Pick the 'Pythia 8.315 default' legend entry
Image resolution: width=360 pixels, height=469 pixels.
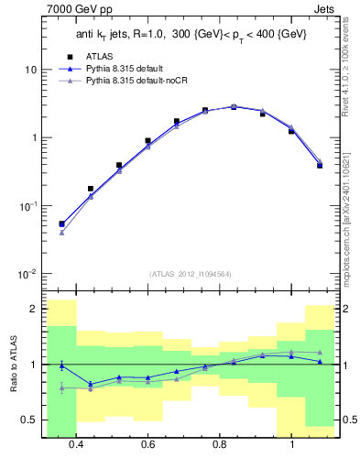128,69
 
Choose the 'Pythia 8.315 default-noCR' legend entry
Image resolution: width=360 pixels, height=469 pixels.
137,82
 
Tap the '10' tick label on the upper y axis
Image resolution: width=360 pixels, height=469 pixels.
31,71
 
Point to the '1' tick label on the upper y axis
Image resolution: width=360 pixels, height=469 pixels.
35,138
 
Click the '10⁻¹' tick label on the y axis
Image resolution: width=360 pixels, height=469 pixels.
29,206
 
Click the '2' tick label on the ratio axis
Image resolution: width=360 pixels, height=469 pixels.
34,310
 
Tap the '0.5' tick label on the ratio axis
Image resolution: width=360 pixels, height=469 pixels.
30,420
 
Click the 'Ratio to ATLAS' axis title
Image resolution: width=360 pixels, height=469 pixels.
13,365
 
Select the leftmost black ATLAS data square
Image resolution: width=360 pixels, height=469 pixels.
61,224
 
